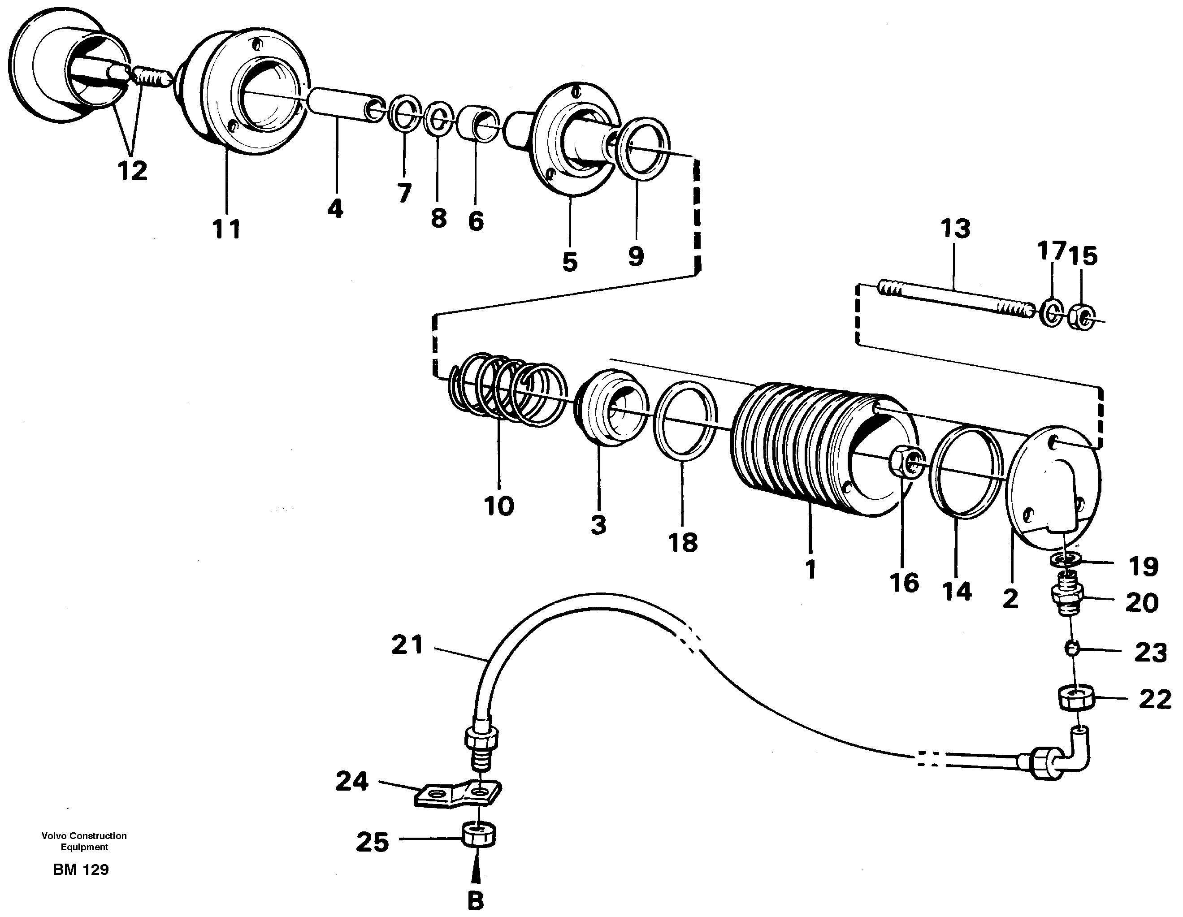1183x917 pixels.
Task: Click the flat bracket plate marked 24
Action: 458,795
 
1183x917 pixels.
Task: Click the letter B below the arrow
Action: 476,901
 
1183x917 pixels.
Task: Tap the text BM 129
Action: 81,870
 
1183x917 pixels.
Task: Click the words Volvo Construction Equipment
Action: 84,841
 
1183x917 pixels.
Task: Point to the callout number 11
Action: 226,229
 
